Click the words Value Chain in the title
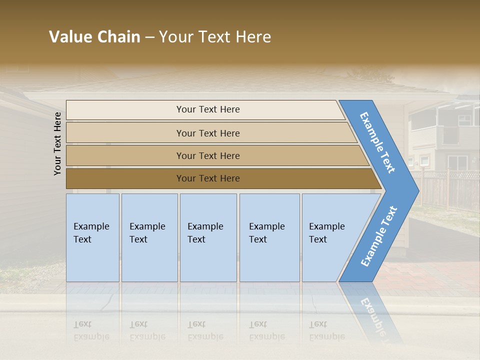pyautogui.click(x=94, y=37)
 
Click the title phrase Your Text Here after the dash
pyautogui.click(x=215, y=37)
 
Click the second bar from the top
pyautogui.click(x=208, y=133)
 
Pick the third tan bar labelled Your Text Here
pyautogui.click(x=208, y=155)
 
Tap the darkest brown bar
pyautogui.click(x=208, y=178)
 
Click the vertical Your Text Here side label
pyautogui.click(x=57, y=143)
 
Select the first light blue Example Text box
pyautogui.click(x=92, y=237)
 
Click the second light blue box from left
pyautogui.click(x=149, y=237)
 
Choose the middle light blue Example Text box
pyautogui.click(x=208, y=237)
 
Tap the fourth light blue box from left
pyautogui.click(x=269, y=237)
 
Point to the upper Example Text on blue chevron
pyautogui.click(x=378, y=142)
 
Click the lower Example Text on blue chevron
pyautogui.click(x=379, y=236)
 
